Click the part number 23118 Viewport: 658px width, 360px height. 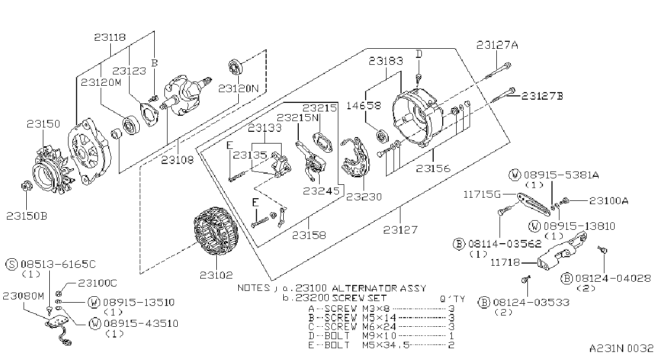pyautogui.click(x=110, y=37)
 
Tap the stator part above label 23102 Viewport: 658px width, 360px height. pyautogui.click(x=216, y=231)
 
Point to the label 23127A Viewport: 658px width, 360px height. pyautogui.click(x=497, y=45)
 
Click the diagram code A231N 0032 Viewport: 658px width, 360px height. pyautogui.click(x=621, y=348)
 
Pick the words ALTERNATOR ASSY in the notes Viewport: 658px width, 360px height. pyautogui.click(x=379, y=288)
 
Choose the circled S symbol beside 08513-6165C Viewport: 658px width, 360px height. pyautogui.click(x=12, y=264)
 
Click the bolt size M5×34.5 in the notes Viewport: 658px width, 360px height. pyautogui.click(x=385, y=344)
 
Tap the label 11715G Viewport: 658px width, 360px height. pyautogui.click(x=482, y=194)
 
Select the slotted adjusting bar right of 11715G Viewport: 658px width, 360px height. pyautogui.click(x=534, y=204)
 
